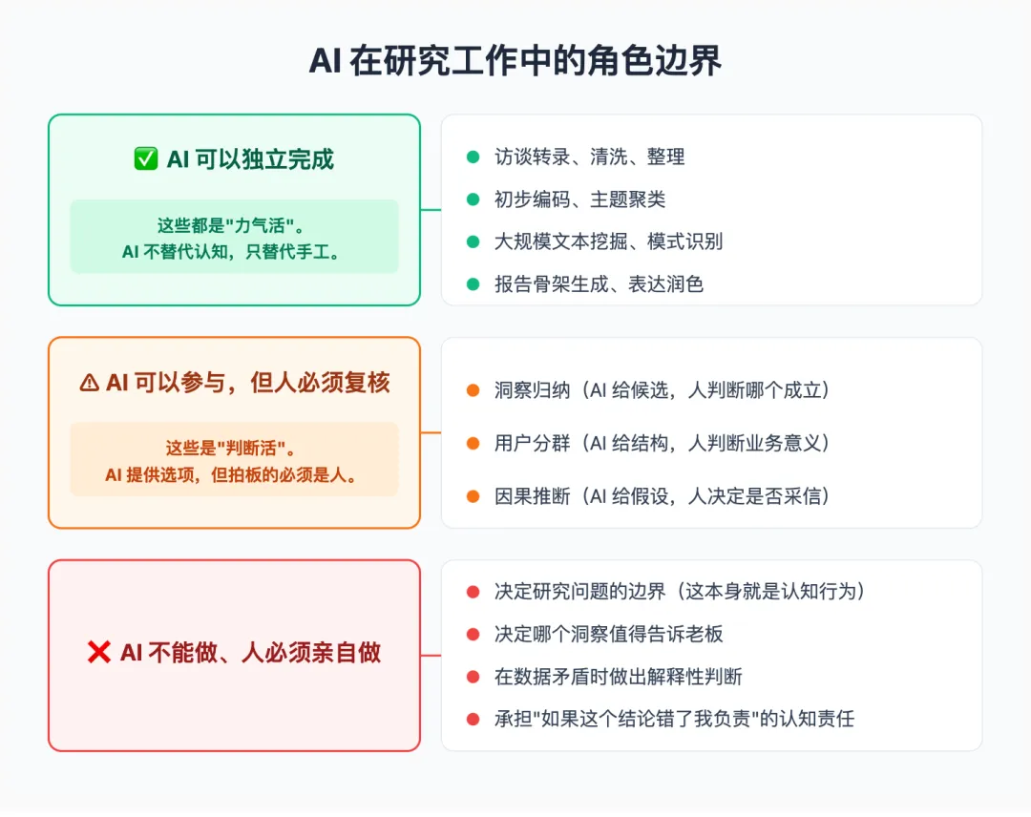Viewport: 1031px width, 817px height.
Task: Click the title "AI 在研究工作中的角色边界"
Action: pos(515,60)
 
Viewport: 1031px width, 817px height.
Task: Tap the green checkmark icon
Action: pos(145,159)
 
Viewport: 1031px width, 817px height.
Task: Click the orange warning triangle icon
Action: pos(90,383)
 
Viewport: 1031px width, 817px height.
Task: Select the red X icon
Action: pos(98,653)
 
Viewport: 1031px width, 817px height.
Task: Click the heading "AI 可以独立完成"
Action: pos(250,159)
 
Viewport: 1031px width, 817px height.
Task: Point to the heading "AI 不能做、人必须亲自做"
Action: pos(250,653)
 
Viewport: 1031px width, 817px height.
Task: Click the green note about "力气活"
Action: pos(234,237)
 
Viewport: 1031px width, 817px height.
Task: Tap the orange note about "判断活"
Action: pos(234,460)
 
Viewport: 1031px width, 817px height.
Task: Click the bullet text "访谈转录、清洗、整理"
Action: pos(589,157)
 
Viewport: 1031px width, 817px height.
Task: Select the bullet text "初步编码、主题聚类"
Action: pos(579,199)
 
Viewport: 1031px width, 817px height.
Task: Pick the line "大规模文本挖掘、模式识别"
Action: pos(608,241)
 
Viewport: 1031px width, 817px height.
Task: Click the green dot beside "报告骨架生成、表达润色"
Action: pos(473,283)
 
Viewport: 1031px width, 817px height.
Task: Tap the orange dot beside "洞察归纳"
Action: pos(473,389)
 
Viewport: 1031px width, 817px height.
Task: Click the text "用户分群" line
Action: pos(662,443)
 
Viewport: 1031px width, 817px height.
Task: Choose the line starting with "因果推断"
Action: pos(662,495)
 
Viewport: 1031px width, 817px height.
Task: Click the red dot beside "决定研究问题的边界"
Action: pos(473,592)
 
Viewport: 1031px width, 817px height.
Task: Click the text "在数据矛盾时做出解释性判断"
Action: pos(618,677)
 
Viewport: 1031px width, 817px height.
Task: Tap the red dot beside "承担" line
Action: pos(473,719)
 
